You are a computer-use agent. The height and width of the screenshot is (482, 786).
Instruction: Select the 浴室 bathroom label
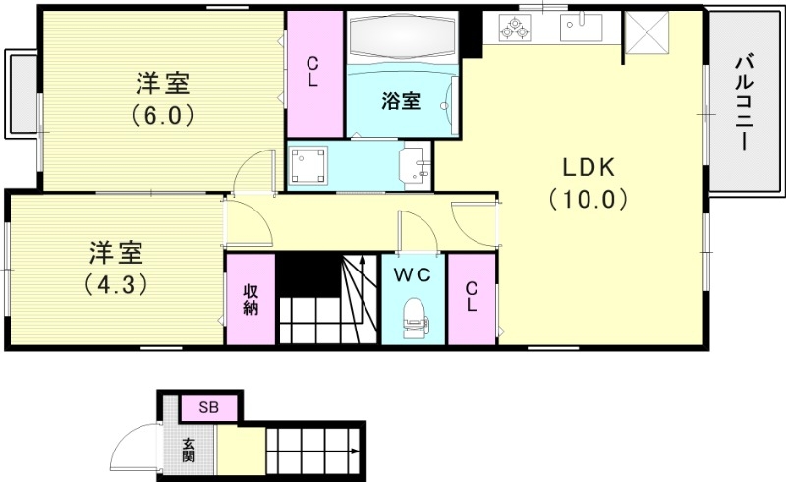[x=401, y=100]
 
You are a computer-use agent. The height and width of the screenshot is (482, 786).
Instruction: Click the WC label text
[x=412, y=276]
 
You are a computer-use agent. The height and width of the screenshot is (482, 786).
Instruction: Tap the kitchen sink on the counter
[x=583, y=27]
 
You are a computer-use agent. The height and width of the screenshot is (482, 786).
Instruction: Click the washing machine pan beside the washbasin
[x=313, y=165]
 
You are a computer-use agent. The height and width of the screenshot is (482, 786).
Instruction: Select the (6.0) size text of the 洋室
[x=162, y=114]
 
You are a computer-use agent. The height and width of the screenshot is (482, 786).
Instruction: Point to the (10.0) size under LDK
[x=588, y=200]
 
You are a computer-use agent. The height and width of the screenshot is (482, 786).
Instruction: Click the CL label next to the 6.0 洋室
[x=312, y=73]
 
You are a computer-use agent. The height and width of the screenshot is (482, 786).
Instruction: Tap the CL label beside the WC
[x=472, y=297]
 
